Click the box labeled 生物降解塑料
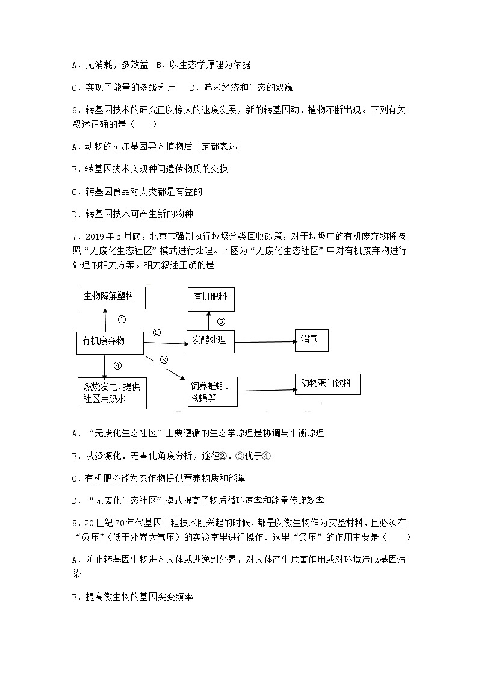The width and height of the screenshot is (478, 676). point(111,296)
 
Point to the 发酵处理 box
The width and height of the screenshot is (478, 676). point(210,340)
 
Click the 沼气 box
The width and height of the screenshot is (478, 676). point(311,340)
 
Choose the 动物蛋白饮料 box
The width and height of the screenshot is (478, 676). point(327,383)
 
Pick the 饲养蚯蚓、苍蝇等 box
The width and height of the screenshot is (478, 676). point(211,392)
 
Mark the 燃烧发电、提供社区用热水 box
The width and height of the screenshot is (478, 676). point(113,393)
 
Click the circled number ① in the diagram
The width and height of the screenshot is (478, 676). point(122,320)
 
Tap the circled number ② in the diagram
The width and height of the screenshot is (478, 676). point(157,332)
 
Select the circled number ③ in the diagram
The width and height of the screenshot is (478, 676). point(164,360)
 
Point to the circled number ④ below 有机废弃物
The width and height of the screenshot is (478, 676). point(117,365)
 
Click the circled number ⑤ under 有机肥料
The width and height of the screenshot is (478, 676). point(221,321)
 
